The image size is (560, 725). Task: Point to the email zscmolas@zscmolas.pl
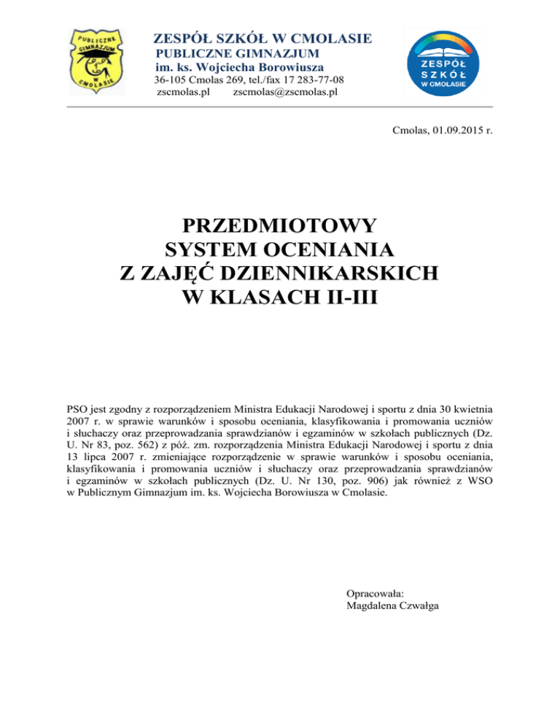pyautogui.click(x=285, y=93)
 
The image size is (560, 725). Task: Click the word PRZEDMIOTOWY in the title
pyautogui.click(x=280, y=224)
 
